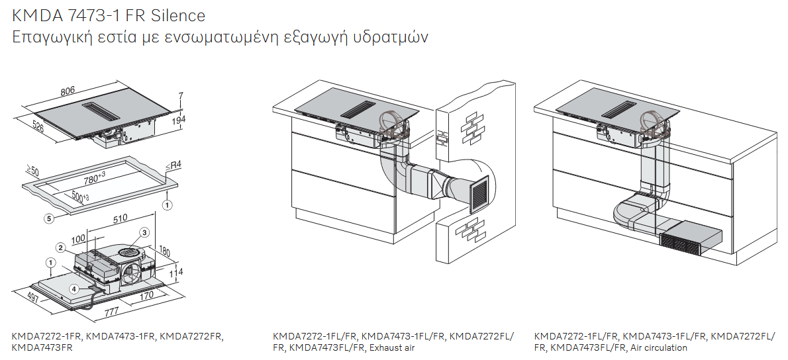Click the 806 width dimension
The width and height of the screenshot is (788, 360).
coord(68,91)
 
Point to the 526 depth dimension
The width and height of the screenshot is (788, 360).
coord(38,128)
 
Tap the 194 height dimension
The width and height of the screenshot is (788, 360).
coord(179,119)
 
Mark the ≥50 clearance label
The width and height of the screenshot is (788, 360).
coord(32,171)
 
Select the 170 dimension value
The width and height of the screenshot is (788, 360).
coord(146,295)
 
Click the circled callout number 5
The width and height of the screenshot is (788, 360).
coord(50,218)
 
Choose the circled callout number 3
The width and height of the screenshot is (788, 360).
coord(144,232)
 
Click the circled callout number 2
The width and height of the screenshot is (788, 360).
coord(60,247)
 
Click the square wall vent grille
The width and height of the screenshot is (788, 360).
coord(479,196)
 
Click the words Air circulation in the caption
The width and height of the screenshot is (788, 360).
coord(659,347)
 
